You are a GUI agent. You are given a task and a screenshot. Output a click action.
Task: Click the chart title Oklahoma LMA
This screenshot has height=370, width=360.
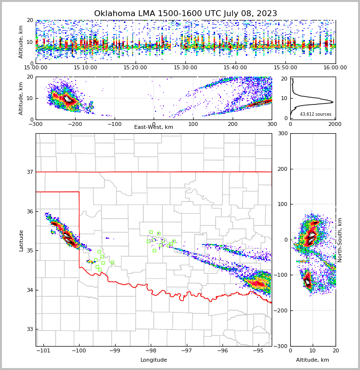click(x=185, y=14)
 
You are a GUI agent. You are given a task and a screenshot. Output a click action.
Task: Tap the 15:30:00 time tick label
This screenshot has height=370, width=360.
click(x=185, y=67)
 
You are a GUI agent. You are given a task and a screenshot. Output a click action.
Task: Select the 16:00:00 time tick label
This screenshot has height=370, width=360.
click(x=335, y=67)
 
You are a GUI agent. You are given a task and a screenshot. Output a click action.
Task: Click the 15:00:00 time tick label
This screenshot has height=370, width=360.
click(x=36, y=67)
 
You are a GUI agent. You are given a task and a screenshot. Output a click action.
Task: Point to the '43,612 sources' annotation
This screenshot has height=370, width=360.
click(x=316, y=114)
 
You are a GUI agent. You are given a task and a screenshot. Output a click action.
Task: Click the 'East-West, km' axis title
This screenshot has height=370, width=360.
click(x=154, y=127)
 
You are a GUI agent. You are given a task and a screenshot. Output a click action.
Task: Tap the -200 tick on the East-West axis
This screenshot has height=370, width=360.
click(x=75, y=123)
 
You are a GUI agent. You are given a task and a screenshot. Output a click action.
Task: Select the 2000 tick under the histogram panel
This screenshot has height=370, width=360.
click(x=335, y=124)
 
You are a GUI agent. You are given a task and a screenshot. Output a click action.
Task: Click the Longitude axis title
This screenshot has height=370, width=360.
click(x=154, y=360)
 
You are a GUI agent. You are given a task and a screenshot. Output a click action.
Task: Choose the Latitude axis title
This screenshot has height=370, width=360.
click(x=21, y=240)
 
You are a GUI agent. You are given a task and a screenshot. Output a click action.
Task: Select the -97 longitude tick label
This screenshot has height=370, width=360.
click(x=186, y=350)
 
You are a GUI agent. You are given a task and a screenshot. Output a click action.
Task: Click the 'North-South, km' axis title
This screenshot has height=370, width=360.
click(x=340, y=240)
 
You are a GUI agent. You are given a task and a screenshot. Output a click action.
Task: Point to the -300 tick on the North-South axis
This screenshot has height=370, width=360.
click(x=281, y=346)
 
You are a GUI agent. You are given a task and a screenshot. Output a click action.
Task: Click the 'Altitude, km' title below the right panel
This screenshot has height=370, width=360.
click(x=313, y=360)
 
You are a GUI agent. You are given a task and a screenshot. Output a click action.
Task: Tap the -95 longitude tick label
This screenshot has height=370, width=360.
click(x=258, y=350)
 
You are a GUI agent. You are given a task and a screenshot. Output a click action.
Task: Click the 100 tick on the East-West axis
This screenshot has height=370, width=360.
click(x=193, y=123)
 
